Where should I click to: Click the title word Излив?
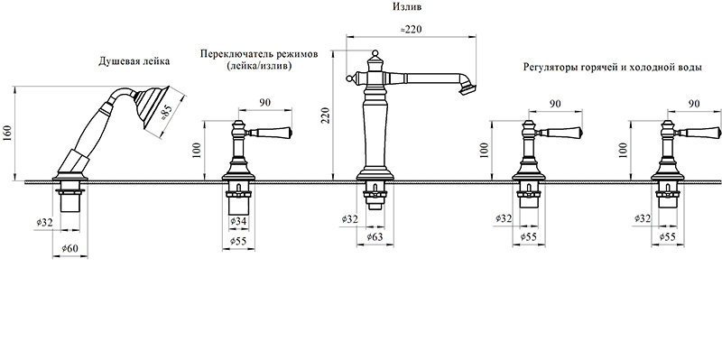tap(407, 7)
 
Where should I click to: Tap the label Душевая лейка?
tap(134, 60)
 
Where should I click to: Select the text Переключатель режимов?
tap(259, 54)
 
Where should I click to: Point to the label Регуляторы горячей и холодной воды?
tap(613, 67)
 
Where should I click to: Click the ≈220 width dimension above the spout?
tap(412, 29)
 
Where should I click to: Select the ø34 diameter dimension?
tap(237, 222)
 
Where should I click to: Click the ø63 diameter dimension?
tap(374, 236)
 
